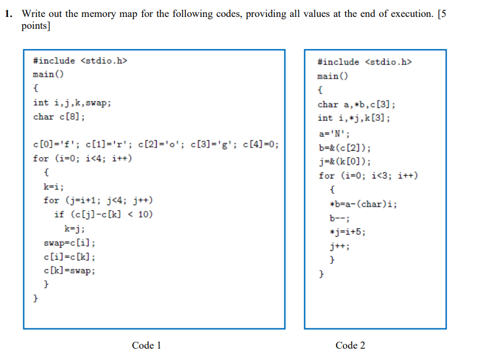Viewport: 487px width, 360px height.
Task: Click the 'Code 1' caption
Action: (146, 345)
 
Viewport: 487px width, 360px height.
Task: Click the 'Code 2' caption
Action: (350, 345)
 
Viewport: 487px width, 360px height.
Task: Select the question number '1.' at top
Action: (8, 14)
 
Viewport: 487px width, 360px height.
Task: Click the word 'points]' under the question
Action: (35, 26)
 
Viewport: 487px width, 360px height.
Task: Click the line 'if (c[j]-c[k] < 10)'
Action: (103, 214)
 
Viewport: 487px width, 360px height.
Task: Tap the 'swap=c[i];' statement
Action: (69, 243)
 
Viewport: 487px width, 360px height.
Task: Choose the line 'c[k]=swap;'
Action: (69, 271)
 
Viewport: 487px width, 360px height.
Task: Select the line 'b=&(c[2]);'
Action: (345, 148)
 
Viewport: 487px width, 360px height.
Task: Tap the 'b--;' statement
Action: (339, 218)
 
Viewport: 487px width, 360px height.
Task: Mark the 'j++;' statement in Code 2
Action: (339, 246)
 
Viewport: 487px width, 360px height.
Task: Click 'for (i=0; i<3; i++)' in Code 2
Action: (368, 176)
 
